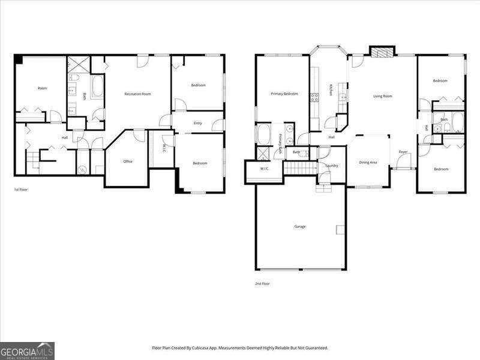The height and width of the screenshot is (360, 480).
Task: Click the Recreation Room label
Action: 137,94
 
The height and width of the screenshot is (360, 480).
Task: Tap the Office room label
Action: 128,161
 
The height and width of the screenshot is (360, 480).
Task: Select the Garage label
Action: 300,226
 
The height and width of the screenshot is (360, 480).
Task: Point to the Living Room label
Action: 383,96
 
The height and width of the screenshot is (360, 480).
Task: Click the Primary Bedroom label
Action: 284,94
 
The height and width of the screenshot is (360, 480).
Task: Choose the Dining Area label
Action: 368,162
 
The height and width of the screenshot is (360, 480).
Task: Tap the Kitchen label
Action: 331,89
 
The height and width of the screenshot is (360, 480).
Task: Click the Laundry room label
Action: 332,166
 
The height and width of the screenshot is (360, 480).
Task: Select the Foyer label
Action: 403,152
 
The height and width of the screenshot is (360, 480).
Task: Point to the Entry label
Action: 197,124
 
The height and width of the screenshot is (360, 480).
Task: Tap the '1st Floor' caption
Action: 21,190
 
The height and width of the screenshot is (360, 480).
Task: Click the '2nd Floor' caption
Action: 262,283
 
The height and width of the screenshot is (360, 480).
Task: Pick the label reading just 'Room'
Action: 42,88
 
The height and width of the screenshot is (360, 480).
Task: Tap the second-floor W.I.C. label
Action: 265,169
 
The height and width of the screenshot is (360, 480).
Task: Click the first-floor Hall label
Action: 64,138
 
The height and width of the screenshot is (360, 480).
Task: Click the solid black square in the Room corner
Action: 19,59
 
